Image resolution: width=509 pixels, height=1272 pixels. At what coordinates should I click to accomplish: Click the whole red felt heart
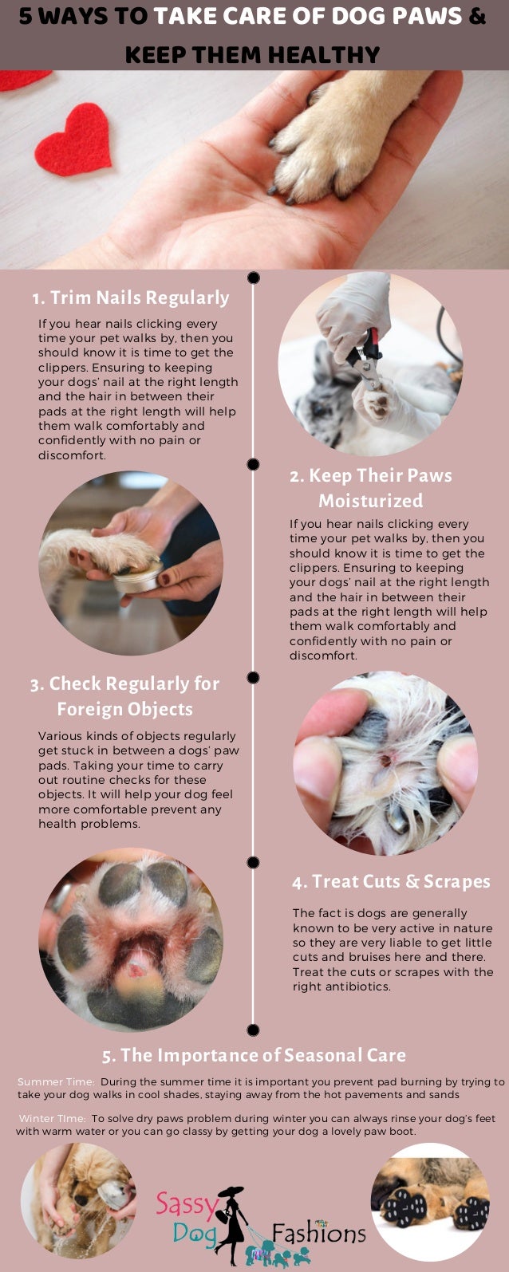point(73,140)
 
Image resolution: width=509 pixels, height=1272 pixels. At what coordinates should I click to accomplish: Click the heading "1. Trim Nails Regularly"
point(131,297)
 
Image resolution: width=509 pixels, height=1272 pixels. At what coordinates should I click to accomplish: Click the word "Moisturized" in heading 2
point(370,500)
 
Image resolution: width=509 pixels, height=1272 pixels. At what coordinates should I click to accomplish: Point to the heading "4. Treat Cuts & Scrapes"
point(391,881)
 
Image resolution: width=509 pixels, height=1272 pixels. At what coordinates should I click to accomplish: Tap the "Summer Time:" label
point(56,1081)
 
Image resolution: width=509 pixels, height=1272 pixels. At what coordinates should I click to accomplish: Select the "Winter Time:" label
point(53,1118)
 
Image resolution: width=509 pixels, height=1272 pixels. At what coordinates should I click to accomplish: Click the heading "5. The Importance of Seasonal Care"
point(254,1055)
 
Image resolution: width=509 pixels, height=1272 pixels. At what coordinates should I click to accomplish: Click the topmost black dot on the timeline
point(254,278)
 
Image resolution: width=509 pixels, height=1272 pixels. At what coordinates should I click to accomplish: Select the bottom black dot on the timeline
point(254,1030)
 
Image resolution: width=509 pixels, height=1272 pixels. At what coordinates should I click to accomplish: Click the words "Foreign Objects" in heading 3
point(125,709)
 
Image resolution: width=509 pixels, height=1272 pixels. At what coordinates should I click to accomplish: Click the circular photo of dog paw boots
point(430,1202)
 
